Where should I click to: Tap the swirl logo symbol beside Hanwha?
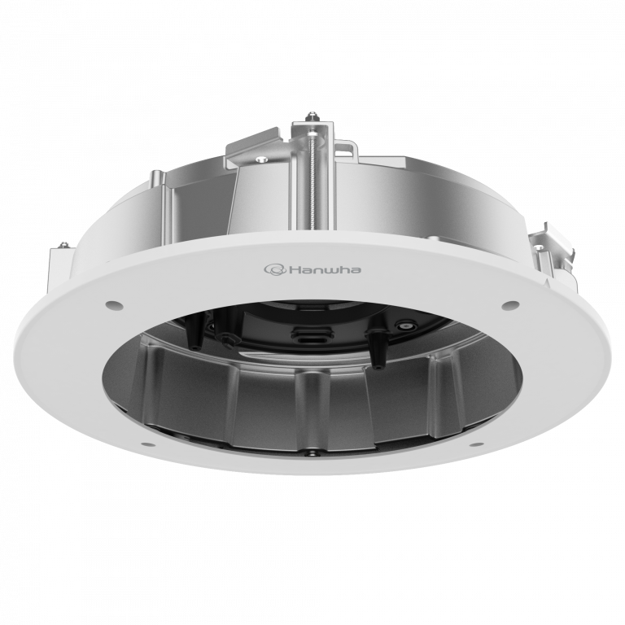point(272,268)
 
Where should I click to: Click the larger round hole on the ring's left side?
point(112,305)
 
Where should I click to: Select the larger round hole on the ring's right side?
point(511,305)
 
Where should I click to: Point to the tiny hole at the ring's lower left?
point(143,444)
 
